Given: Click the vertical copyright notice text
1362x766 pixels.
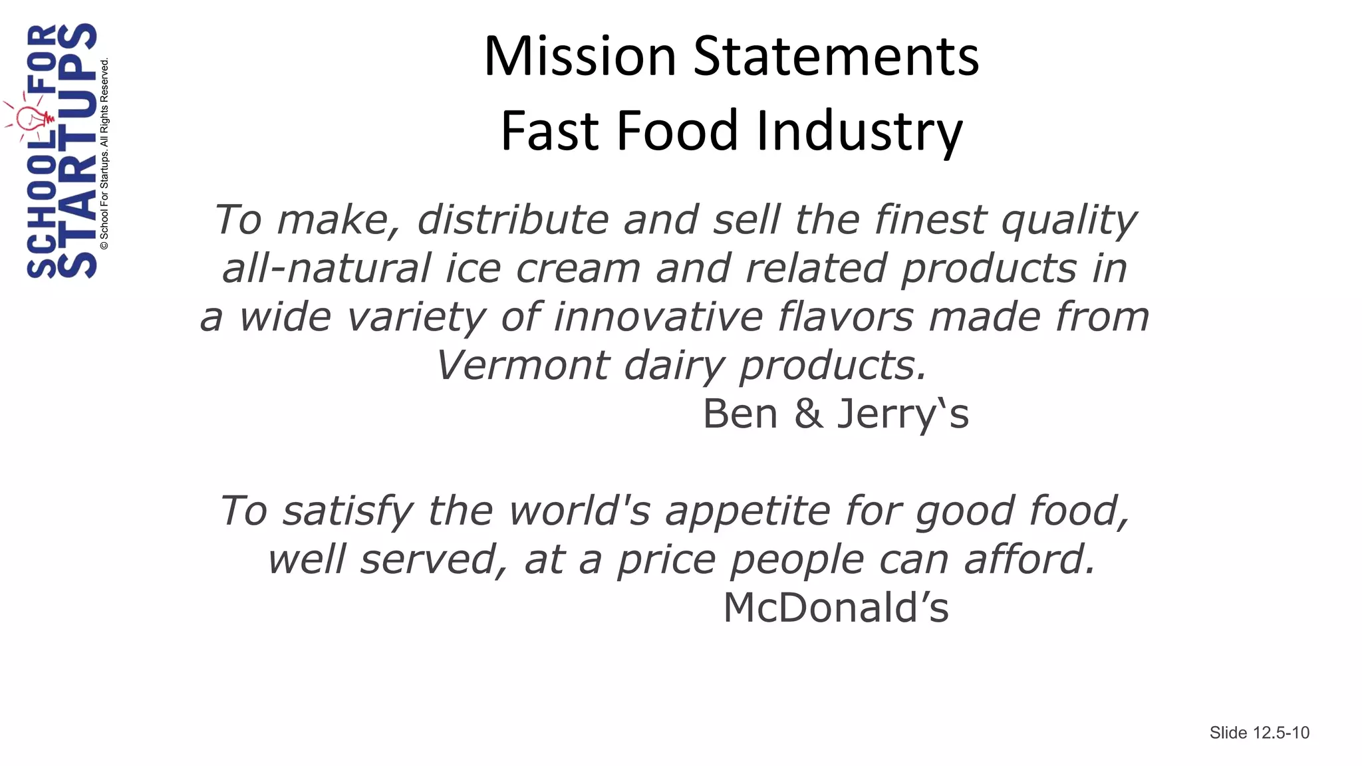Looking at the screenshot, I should (x=104, y=154).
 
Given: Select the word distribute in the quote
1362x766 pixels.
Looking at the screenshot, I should (x=513, y=219).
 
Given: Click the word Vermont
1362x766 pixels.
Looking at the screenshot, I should (x=523, y=365).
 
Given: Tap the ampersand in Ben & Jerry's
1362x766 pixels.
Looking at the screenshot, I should (x=807, y=414).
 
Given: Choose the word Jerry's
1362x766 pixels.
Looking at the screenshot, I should (x=902, y=414).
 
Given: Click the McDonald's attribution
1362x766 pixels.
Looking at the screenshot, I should (x=836, y=608).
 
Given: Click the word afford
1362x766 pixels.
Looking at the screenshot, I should (x=1029, y=559).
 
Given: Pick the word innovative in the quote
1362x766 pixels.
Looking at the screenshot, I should (x=658, y=317).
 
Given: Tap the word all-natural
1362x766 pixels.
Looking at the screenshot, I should (x=327, y=268).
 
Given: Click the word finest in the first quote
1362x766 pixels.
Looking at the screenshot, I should (x=930, y=219).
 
